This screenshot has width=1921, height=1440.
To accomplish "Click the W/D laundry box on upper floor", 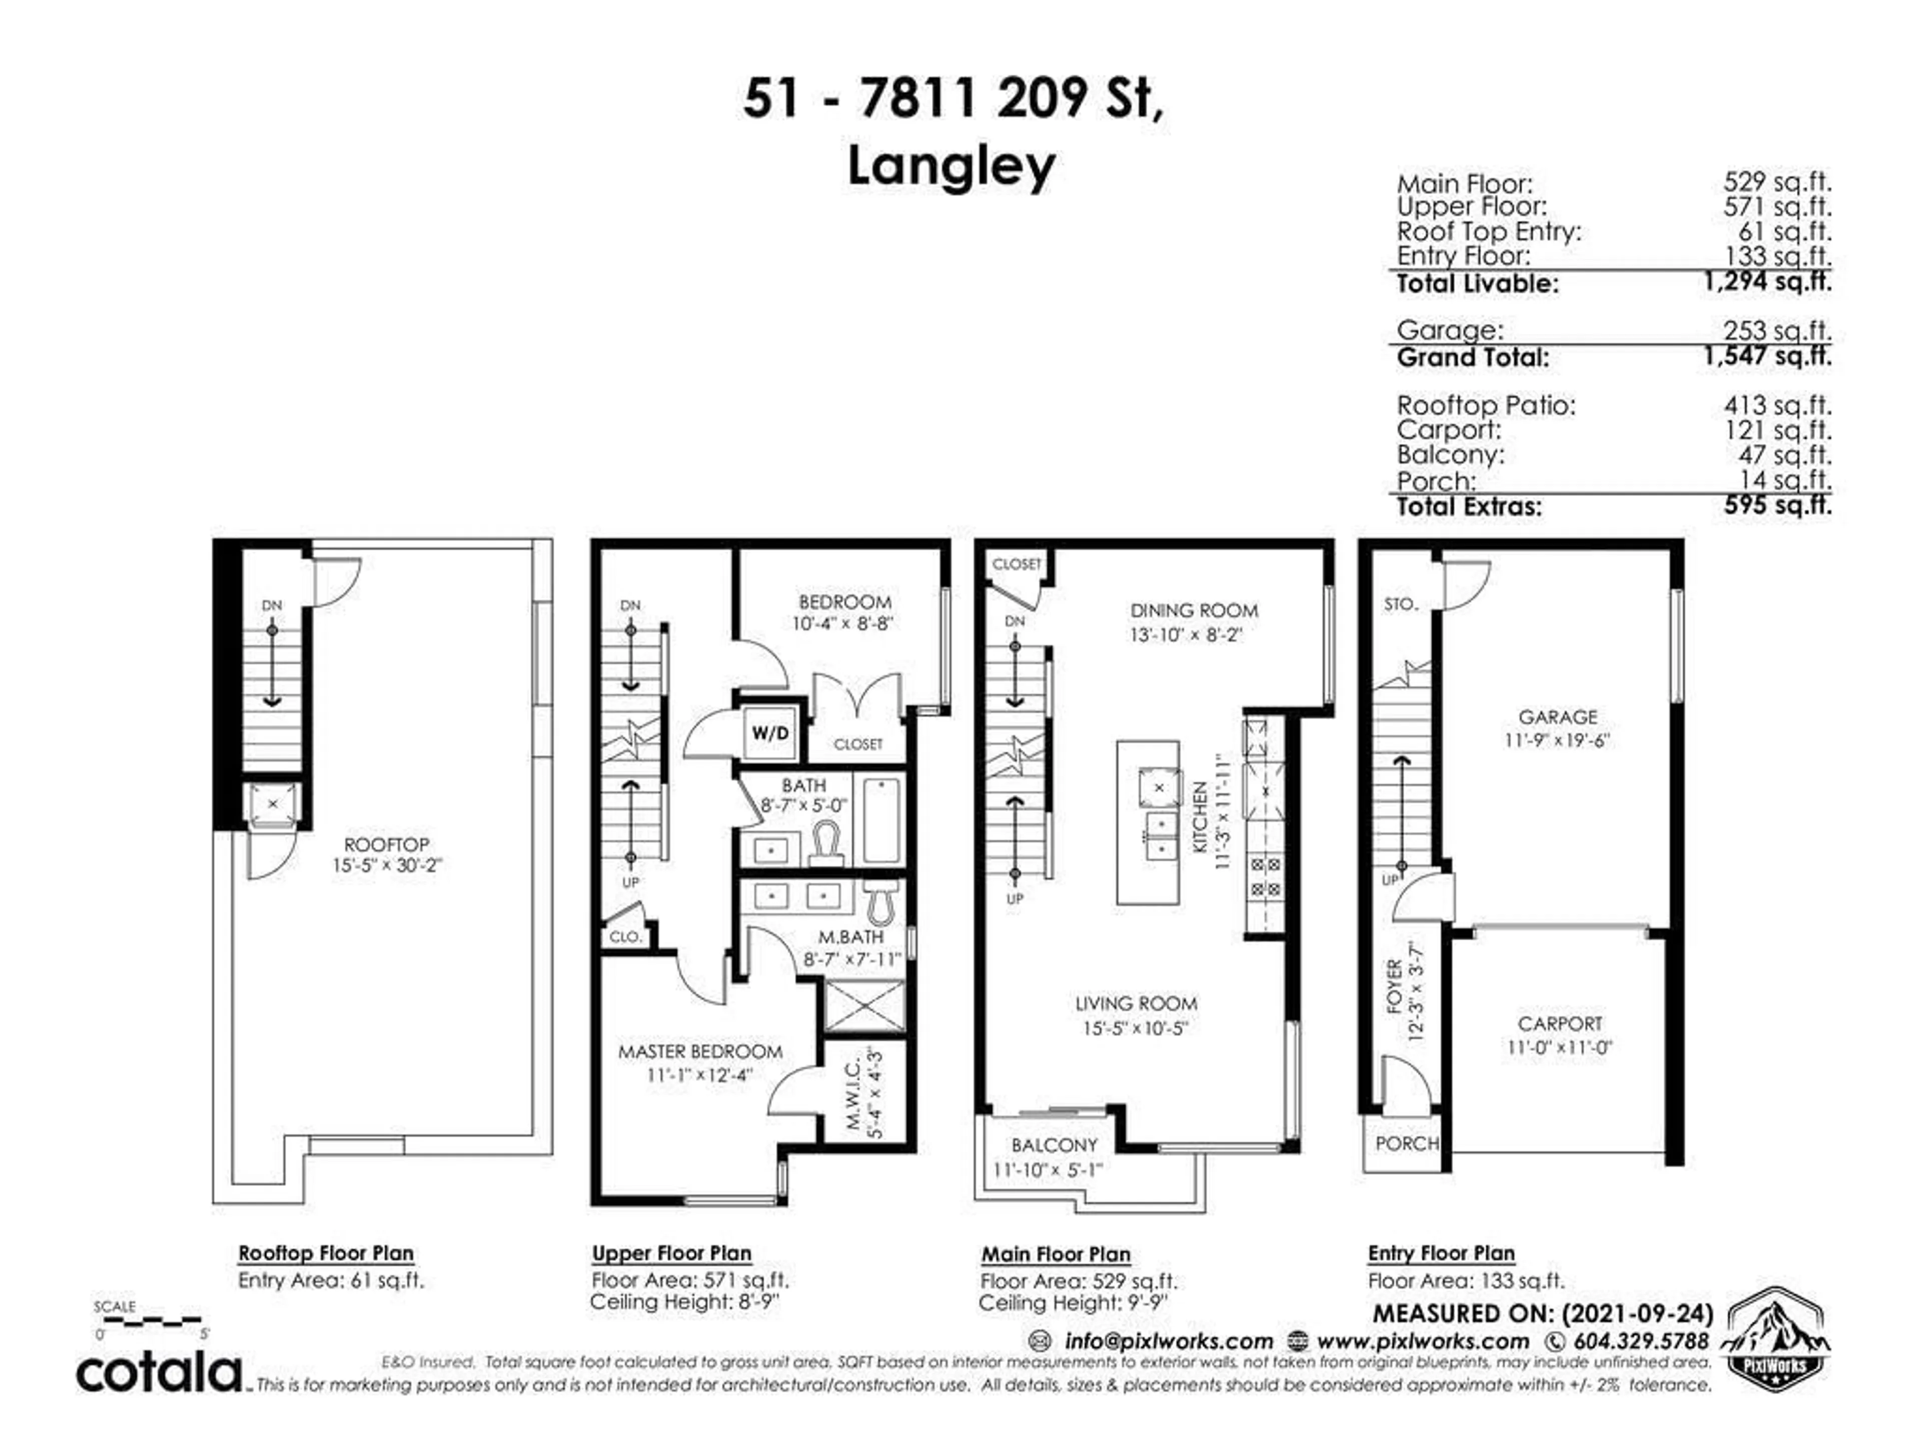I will (769, 732).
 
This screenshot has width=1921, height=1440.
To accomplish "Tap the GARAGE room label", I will (1557, 717).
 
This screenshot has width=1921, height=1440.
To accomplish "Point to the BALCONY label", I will (1054, 1145).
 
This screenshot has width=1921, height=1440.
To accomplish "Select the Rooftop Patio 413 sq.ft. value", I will (1777, 405).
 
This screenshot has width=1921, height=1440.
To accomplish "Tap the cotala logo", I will (160, 1372).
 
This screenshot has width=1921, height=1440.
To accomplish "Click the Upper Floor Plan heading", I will (671, 1253).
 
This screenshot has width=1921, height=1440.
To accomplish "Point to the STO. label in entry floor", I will (1400, 604).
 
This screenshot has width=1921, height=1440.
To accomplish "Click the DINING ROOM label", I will (1193, 610).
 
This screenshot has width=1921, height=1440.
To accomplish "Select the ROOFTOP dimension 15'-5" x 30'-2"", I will (387, 865).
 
